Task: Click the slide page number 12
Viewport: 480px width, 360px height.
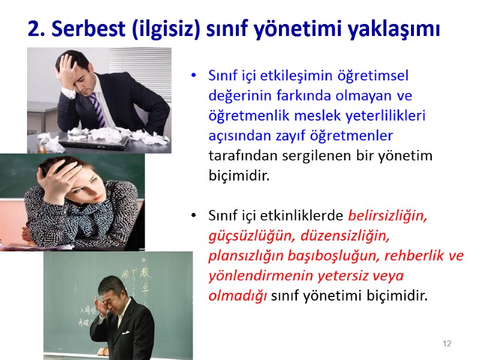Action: (446, 344)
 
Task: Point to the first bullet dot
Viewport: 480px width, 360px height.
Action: (193, 76)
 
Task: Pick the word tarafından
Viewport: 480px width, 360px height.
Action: (236, 155)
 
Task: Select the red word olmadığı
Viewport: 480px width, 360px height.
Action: (238, 296)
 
